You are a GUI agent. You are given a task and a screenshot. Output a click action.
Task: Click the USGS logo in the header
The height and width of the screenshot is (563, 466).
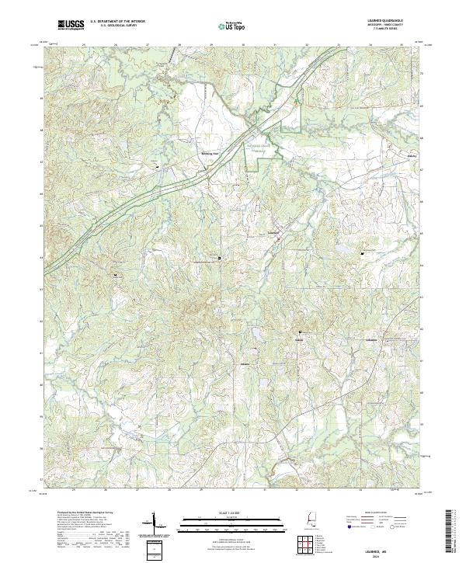pyautogui.click(x=71, y=26)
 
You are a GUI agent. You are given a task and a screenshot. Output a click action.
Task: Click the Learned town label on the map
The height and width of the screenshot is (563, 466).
pyautogui.click(x=273, y=232)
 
